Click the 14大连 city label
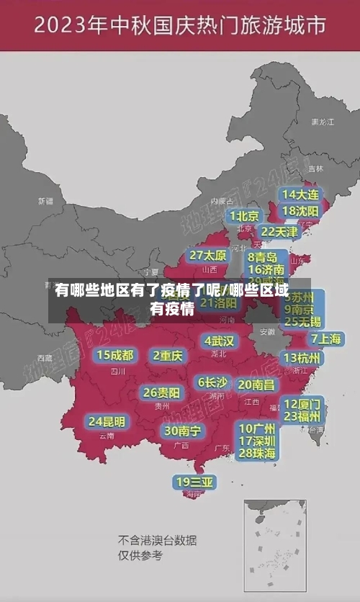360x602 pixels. tap(300, 194)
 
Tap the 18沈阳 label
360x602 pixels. tap(300, 211)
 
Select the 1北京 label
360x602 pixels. tap(243, 215)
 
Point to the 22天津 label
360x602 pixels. tap(279, 232)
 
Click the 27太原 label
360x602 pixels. tap(208, 255)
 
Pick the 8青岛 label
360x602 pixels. tap(262, 256)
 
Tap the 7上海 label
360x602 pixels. tap(325, 338)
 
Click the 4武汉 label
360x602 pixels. tap(219, 341)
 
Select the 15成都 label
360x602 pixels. tap(114, 355)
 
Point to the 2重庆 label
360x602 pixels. tap(168, 355)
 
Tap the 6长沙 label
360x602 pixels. tap(212, 382)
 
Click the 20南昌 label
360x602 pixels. tap(256, 385)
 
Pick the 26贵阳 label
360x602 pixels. tap(161, 392)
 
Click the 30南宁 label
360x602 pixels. tap(182, 431)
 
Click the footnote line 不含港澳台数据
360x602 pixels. tap(157, 540)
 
